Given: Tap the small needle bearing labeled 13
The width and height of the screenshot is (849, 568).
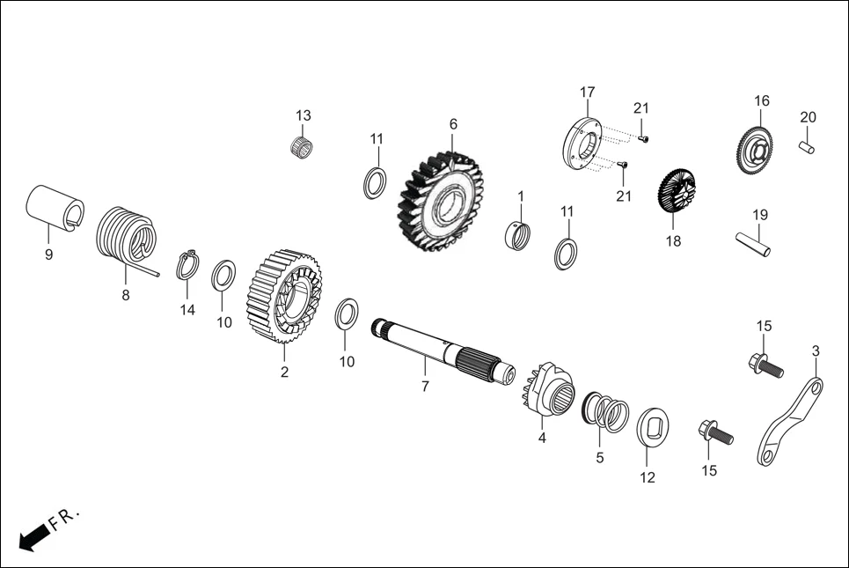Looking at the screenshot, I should (303, 145).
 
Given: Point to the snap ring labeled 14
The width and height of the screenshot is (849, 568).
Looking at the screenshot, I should (187, 264).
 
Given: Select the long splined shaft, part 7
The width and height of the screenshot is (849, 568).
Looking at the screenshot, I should (440, 350).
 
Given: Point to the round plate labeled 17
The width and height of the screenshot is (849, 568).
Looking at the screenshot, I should (582, 144).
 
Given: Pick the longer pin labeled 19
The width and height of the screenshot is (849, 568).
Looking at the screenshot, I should (753, 244).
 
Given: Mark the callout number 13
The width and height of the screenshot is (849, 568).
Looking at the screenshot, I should (304, 115).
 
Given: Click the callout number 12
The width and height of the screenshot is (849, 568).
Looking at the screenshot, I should (648, 478).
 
